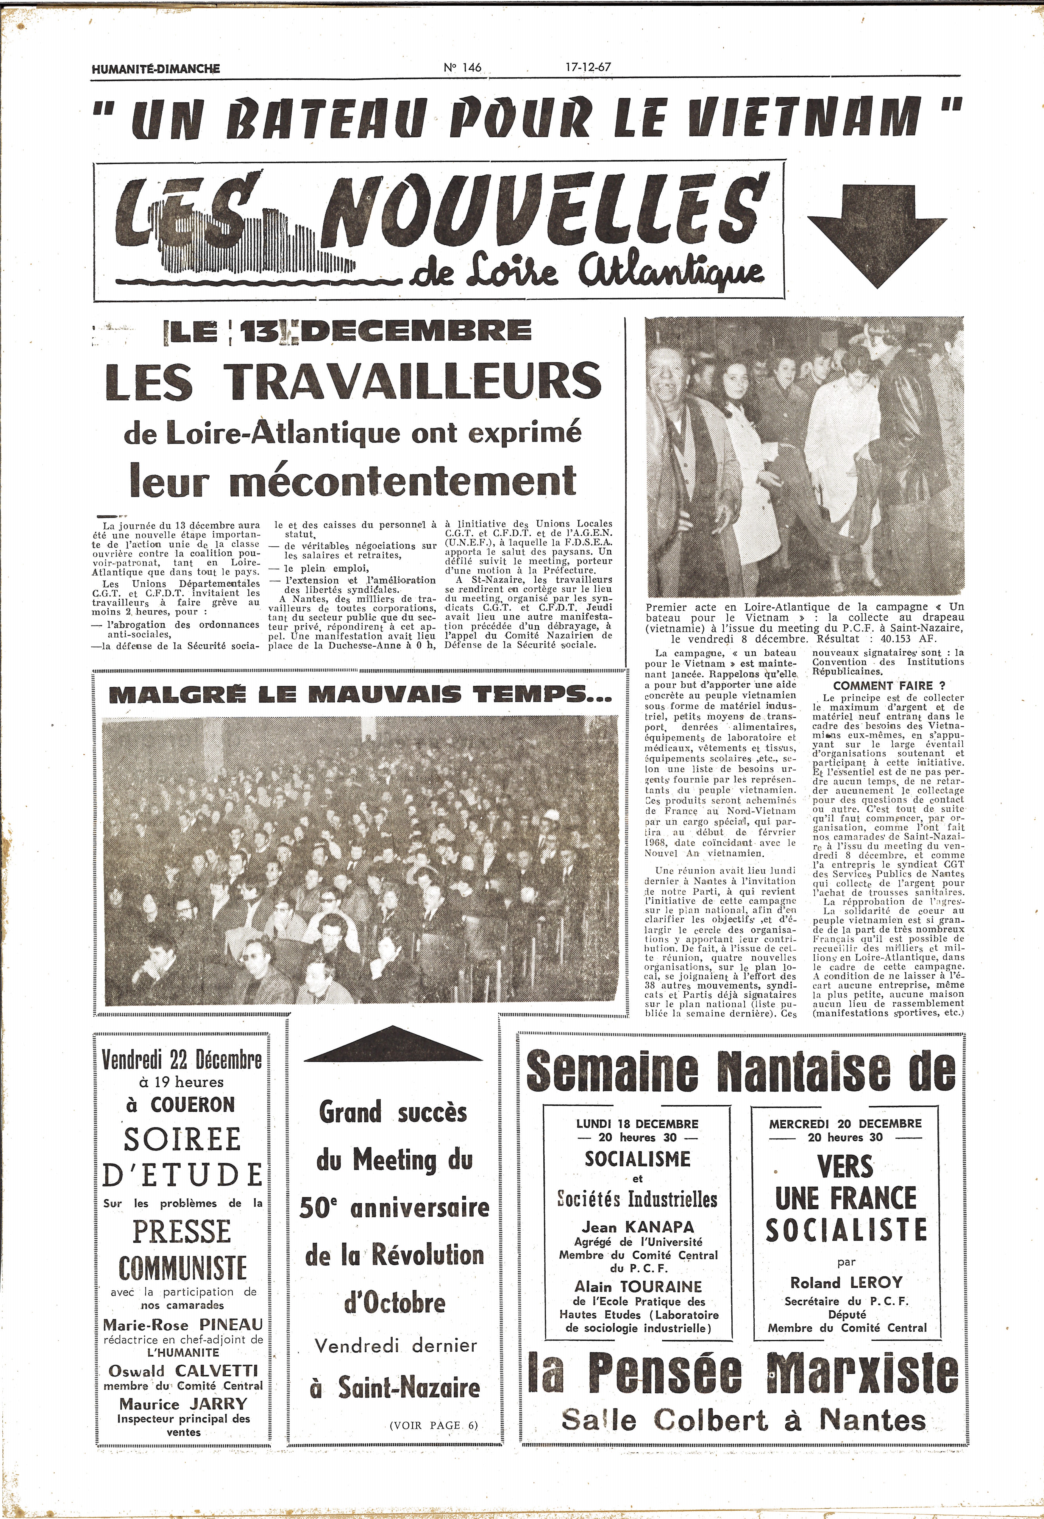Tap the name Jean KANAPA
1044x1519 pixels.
[x=638, y=1227]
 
